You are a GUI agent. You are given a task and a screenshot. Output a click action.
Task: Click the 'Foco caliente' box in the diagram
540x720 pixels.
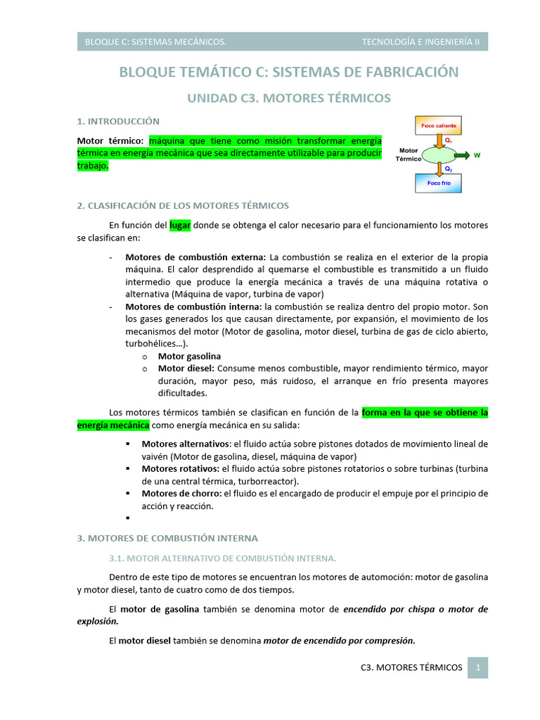(439, 125)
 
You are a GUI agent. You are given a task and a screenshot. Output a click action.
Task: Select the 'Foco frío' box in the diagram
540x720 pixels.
(439, 183)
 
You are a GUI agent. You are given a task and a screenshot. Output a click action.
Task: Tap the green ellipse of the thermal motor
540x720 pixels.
(439, 155)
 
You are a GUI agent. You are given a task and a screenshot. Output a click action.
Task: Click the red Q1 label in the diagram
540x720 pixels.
(449, 140)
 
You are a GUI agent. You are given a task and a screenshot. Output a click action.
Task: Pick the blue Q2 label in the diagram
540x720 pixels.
(449, 169)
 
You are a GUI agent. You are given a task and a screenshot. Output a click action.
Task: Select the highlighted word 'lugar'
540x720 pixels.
(180, 225)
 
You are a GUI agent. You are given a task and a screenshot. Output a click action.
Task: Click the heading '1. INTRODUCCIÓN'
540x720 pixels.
(118, 122)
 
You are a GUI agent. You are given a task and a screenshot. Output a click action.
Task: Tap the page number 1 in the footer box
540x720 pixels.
(477, 667)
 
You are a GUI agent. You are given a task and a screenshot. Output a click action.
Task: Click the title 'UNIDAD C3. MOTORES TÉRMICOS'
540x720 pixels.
(288, 98)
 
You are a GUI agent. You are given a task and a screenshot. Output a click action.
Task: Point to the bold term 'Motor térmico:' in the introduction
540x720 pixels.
(110, 141)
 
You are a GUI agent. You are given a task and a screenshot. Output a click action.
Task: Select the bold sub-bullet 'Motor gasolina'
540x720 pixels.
(189, 356)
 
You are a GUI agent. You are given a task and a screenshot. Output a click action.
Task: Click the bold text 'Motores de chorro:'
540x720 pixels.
(182, 494)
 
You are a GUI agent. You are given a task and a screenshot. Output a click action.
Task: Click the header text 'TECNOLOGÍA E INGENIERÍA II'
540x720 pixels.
(420, 41)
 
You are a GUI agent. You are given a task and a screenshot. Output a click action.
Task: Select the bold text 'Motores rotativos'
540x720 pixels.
(180, 468)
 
